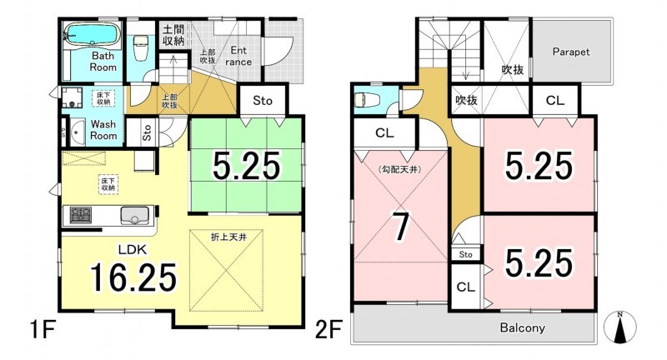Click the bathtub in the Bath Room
click(93, 34)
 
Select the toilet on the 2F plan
click(363, 100)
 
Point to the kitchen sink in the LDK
click(136, 216)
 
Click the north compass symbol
click(620, 327)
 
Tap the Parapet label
click(571, 52)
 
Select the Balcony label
click(523, 327)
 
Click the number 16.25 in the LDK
click(133, 277)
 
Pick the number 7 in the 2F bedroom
click(400, 227)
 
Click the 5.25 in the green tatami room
click(246, 166)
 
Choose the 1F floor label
click(43, 329)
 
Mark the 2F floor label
click(328, 329)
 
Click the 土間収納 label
click(173, 35)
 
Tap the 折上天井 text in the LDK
click(228, 237)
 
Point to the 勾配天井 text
click(399, 170)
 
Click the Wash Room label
click(103, 130)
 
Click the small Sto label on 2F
click(466, 254)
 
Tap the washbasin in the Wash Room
click(78, 132)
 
